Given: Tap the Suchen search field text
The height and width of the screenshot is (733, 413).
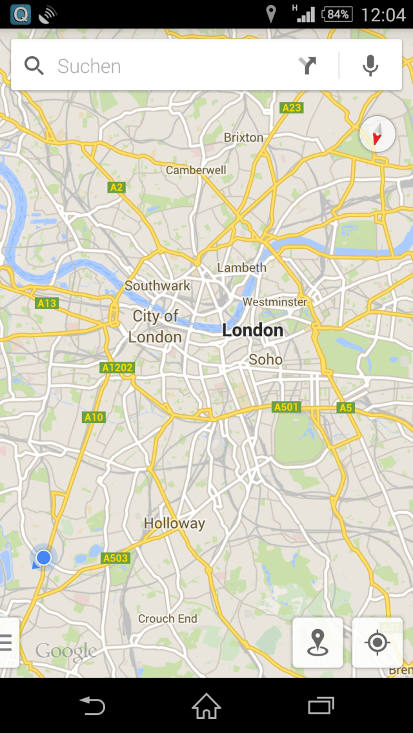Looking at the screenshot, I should click(x=89, y=66).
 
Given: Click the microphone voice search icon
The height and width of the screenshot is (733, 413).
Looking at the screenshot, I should click(x=370, y=66).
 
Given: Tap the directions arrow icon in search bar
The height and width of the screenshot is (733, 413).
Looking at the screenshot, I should click(x=308, y=66).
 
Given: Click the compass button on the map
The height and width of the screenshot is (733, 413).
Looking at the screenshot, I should click(x=377, y=135).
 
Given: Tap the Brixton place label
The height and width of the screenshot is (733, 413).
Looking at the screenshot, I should click(x=243, y=137).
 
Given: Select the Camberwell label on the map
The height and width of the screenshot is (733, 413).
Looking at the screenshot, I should click(x=196, y=170).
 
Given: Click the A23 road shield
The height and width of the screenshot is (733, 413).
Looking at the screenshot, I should click(x=292, y=108).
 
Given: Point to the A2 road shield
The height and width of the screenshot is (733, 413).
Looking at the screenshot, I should click(x=116, y=187).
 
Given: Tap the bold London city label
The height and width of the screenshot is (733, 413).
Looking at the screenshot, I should click(x=252, y=331).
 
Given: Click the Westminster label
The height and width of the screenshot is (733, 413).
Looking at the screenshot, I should click(x=275, y=302).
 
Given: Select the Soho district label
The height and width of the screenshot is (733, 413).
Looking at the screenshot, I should click(x=265, y=359).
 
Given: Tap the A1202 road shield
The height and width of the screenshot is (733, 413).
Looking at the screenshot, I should click(x=117, y=368).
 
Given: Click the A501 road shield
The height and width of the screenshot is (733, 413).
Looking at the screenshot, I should click(x=287, y=407).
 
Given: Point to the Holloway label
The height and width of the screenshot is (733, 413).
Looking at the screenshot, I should click(x=174, y=523).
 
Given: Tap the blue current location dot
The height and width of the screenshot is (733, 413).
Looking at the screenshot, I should click(x=43, y=557).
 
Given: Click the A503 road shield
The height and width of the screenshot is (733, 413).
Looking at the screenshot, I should click(x=116, y=558).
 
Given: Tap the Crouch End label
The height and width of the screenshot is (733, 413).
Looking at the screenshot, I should click(x=168, y=618).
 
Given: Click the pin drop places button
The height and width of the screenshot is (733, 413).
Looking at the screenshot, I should click(x=317, y=643).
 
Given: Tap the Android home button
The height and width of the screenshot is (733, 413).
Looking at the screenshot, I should click(x=206, y=706).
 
